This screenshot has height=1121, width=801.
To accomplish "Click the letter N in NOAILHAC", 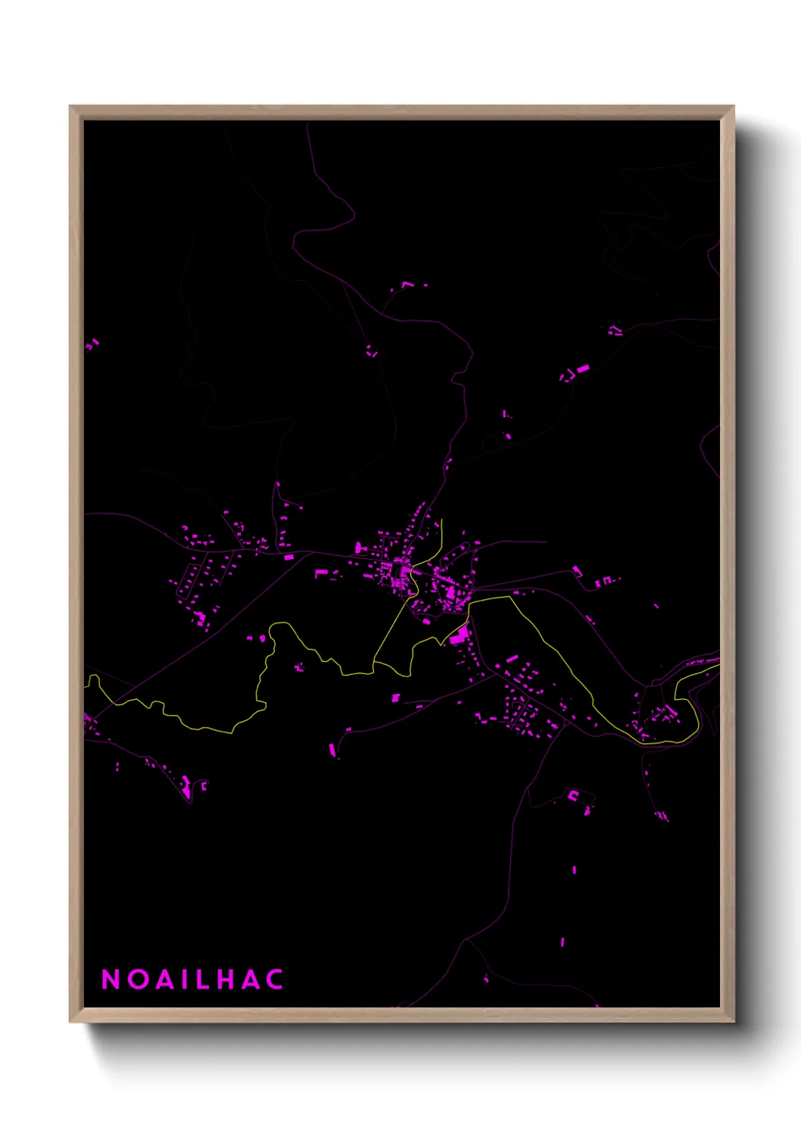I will pyautogui.click(x=111, y=979).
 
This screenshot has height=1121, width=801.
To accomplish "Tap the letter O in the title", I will pyautogui.click(x=139, y=979).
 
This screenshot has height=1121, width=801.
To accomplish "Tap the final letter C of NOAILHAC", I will pyautogui.click(x=275, y=979).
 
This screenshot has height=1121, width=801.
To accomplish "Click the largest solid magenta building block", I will pyautogui.click(x=458, y=636).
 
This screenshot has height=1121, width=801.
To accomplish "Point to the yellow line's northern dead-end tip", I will pyautogui.click(x=441, y=520).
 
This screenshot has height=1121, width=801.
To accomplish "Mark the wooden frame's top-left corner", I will pyautogui.click(x=70, y=107).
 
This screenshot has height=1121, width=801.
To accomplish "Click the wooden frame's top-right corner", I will pyautogui.click(x=733, y=107).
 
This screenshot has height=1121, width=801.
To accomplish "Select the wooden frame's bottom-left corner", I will pyautogui.click(x=70, y=1022).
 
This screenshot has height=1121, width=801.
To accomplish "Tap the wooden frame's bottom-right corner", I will pyautogui.click(x=733, y=1022).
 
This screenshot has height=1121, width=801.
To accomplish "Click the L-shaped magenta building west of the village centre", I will pyautogui.click(x=320, y=574).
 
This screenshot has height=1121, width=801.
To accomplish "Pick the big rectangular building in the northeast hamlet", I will pyautogui.click(x=582, y=369).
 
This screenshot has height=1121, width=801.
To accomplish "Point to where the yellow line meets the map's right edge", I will pyautogui.click(x=718, y=667).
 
